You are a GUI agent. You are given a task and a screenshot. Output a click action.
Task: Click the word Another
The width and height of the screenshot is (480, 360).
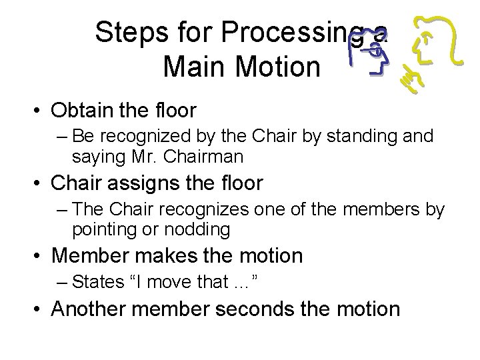pyautogui.click(x=94, y=309)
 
